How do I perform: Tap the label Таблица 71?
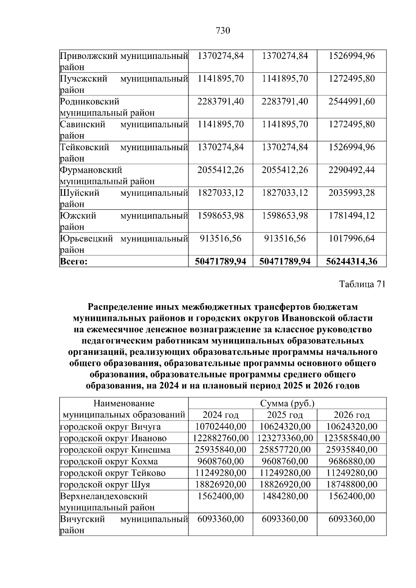[x=362, y=284]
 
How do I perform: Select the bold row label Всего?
[x=74, y=262]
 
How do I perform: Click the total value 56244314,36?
[x=352, y=262]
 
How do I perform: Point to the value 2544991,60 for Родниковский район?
[x=352, y=102]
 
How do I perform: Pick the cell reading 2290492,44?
[x=352, y=170]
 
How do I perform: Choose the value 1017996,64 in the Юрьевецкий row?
[x=352, y=239]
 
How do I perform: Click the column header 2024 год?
[x=220, y=415]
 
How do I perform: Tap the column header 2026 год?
[x=352, y=415]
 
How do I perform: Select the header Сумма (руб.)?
[x=287, y=404]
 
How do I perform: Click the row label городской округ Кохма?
[x=109, y=462]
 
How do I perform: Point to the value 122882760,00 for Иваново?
[x=220, y=438]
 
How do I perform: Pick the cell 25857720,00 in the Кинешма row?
[x=285, y=450]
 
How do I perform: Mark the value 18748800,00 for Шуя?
[x=352, y=484]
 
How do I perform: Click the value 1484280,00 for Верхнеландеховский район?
[x=285, y=496]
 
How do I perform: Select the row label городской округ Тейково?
[x=113, y=473]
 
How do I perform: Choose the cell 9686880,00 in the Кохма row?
[x=352, y=462]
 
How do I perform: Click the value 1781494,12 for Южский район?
[x=352, y=216]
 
